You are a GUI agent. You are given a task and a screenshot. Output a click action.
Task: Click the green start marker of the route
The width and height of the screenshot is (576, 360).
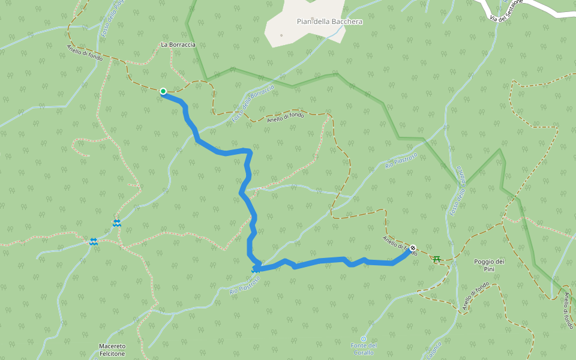point(163,91)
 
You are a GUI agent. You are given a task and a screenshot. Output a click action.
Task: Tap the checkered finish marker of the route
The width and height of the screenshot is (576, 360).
point(413,248)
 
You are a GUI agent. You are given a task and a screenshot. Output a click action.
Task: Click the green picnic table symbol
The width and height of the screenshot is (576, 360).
point(437,259)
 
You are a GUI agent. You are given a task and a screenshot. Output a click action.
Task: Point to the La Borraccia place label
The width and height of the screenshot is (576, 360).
point(178,44)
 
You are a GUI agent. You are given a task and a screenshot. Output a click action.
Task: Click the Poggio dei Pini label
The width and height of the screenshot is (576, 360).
point(489,265)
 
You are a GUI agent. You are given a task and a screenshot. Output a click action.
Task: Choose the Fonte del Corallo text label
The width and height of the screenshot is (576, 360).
point(363,349)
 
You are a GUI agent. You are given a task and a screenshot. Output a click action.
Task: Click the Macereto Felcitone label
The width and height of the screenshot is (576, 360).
point(112,350)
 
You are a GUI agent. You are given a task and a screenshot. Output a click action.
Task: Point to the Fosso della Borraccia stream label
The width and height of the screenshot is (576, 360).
point(253,104)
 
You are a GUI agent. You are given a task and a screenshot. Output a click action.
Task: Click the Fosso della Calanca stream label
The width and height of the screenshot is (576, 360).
point(457,191)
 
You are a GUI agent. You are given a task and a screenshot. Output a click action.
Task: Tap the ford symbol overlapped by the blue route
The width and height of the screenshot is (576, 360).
point(256,270)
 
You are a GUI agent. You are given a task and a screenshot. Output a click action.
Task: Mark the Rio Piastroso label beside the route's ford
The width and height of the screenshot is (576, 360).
point(245,285)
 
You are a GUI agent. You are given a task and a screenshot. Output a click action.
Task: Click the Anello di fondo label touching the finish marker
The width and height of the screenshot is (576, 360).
point(400,245)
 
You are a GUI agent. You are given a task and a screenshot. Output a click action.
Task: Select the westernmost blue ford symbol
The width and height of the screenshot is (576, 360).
point(94,242)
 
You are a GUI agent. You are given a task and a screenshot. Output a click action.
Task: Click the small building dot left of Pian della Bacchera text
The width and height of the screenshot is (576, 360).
point(281,35)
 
